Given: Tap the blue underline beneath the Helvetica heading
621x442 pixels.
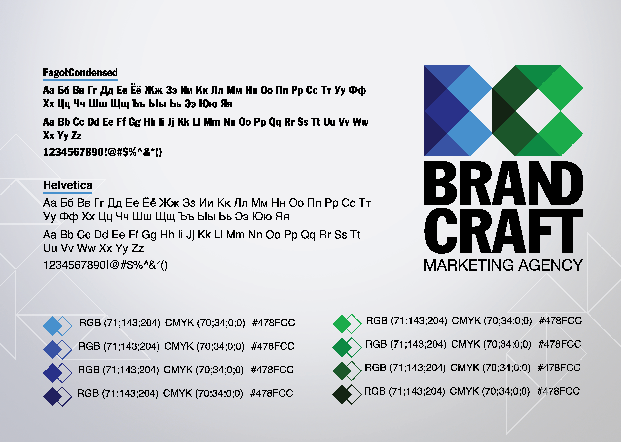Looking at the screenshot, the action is [68, 193].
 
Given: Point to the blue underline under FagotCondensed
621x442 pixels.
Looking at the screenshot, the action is [80, 80].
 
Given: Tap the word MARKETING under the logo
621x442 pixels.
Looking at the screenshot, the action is [468, 265].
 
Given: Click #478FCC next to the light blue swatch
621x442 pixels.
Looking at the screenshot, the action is [273, 323].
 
